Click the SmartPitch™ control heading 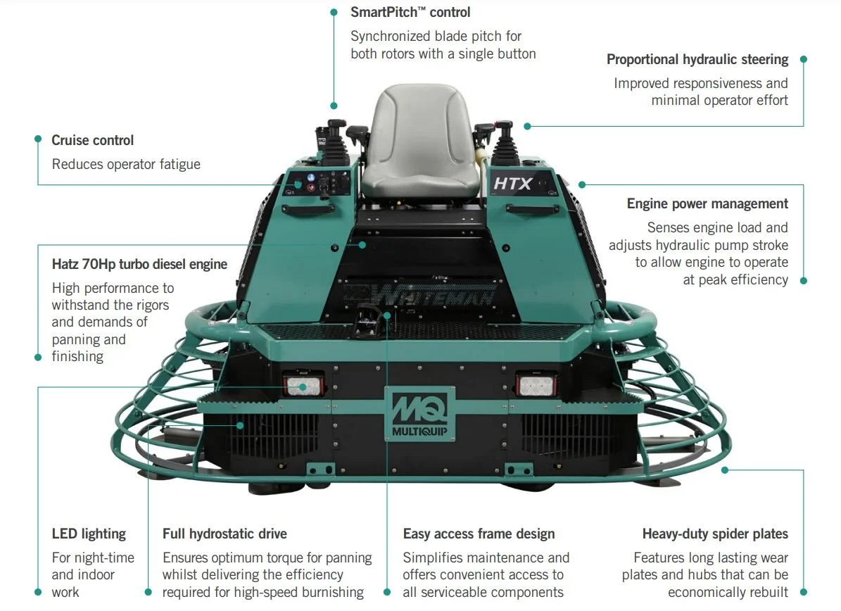[410, 12]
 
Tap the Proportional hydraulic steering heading [697, 59]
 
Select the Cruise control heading [92, 140]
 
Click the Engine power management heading [707, 203]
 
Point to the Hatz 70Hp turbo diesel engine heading [139, 264]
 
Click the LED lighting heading [89, 534]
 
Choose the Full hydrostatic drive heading [225, 534]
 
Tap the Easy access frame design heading [479, 534]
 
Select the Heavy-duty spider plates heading [714, 534]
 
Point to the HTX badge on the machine [512, 184]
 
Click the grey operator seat [420, 141]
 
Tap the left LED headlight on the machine [303, 385]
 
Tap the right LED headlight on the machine [536, 384]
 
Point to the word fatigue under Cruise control [177, 164]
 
